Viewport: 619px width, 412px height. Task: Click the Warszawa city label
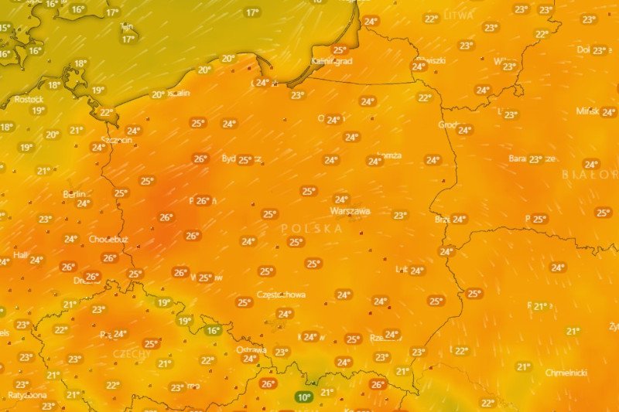click(350, 211)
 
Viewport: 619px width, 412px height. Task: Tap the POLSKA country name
click(312, 229)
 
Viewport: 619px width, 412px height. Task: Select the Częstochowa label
click(281, 295)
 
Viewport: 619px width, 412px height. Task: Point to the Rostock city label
click(29, 99)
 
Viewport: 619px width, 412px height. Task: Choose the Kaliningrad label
click(332, 60)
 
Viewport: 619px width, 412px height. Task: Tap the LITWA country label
click(459, 15)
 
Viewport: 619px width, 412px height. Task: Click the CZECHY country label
click(132, 353)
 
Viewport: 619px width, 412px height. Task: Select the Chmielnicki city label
click(567, 372)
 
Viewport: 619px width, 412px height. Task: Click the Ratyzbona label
click(28, 395)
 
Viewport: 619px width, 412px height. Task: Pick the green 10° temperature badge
click(303, 397)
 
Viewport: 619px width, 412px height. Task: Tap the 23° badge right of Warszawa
click(399, 216)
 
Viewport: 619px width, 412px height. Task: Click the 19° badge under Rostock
click(37, 111)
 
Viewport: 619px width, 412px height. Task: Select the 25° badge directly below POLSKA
click(295, 242)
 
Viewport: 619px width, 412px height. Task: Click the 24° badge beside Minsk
click(608, 112)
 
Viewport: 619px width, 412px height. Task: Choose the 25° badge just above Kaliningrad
click(339, 50)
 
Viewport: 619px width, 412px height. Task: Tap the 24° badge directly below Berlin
click(83, 204)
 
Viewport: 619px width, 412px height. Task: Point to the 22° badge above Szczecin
click(106, 113)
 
